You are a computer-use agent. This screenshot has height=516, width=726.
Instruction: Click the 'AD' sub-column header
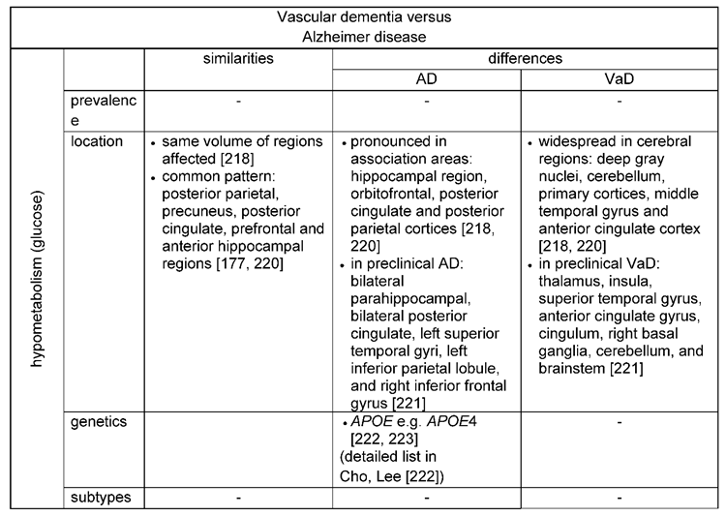[x=427, y=78]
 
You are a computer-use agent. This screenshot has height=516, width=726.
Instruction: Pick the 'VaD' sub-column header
[x=619, y=78]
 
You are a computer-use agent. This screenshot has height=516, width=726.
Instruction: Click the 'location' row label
[x=96, y=141]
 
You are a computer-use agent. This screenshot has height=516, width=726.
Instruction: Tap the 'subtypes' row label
[x=101, y=498]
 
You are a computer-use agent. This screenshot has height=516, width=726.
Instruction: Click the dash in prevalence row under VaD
[x=619, y=100]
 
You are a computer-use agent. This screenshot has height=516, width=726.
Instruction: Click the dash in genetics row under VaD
[x=619, y=422]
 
